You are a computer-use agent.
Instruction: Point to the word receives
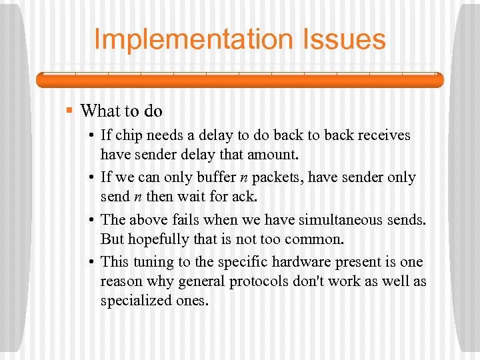pyautogui.click(x=382, y=135)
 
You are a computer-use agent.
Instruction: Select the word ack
pyautogui.click(x=244, y=197)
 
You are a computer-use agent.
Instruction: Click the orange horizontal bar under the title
pyautogui.click(x=239, y=80)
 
